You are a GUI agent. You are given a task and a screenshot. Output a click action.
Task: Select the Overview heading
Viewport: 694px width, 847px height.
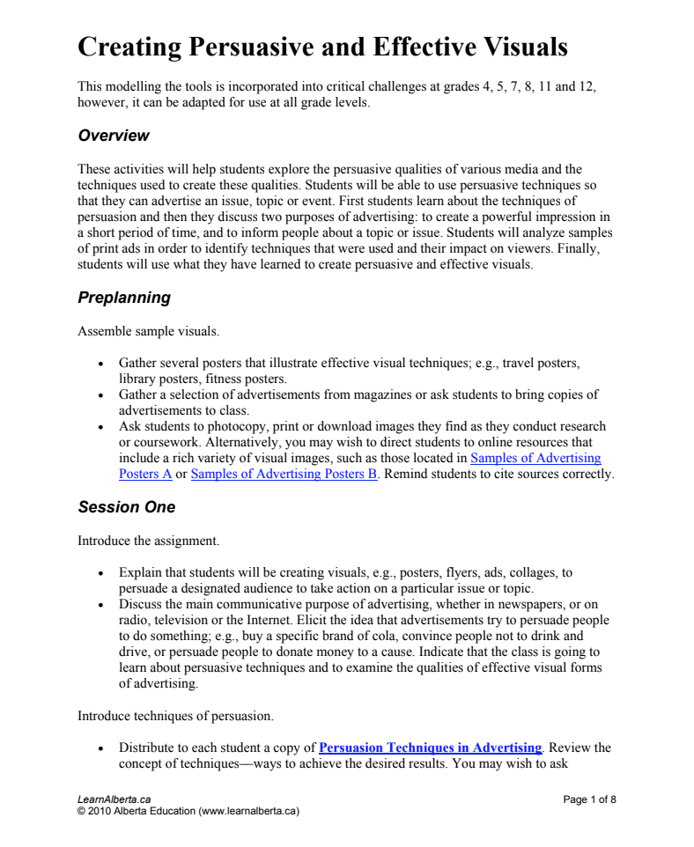114,136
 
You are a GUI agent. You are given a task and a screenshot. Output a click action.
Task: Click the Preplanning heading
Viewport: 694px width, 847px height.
124,298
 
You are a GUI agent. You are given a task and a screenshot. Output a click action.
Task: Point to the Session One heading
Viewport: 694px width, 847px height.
126,507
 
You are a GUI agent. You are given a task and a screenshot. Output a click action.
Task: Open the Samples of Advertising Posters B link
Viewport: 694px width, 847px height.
284,474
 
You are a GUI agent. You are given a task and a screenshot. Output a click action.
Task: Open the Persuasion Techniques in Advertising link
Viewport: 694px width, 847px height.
430,748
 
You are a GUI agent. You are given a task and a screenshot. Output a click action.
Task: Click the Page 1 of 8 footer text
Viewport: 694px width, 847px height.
589,799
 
